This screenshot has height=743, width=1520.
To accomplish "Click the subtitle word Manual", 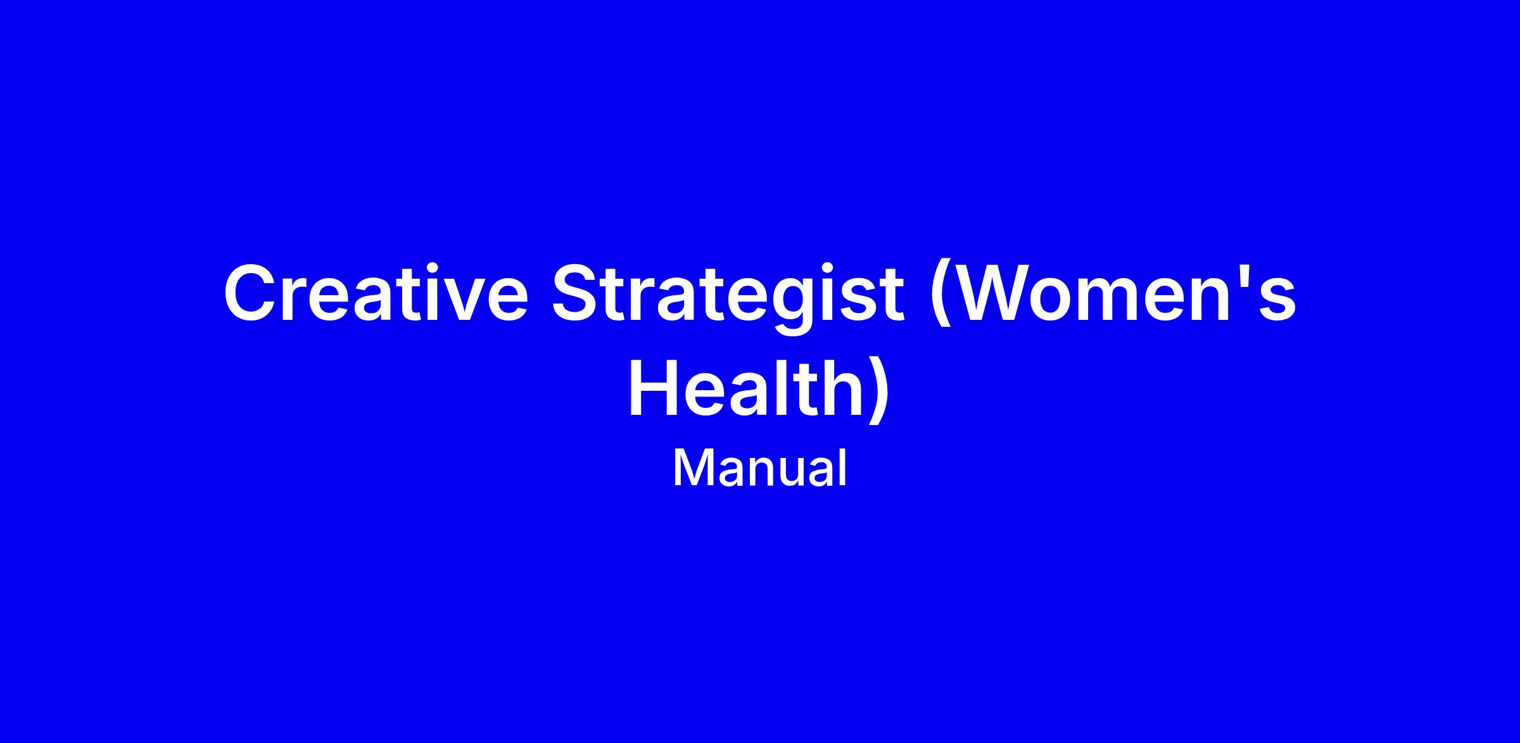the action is click(x=759, y=468).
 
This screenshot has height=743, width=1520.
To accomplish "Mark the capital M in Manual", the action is click(x=692, y=468).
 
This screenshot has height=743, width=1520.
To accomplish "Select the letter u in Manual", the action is click(x=789, y=474).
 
